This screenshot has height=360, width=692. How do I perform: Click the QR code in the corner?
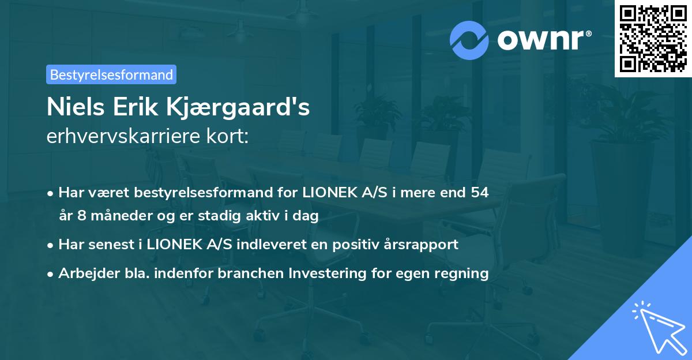click(653, 38)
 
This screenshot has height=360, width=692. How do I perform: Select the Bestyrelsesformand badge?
click(111, 74)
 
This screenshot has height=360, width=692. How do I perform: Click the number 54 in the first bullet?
click(480, 192)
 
